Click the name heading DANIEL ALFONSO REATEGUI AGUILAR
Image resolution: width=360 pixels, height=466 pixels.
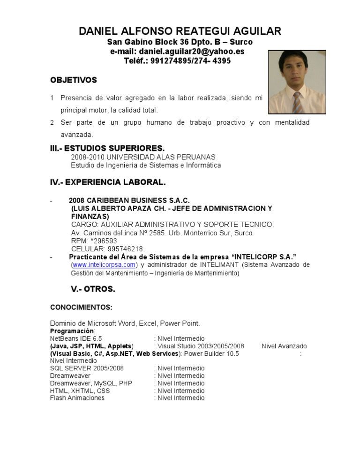180,31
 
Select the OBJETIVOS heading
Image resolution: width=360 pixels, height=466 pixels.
74,80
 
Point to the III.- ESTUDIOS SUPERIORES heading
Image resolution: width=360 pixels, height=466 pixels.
107,148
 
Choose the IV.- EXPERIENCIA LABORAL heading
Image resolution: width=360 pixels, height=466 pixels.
108,182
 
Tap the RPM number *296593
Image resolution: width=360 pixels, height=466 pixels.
101,241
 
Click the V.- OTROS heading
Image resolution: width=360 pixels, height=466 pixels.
93,289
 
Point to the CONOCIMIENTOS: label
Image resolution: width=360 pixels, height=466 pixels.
81,308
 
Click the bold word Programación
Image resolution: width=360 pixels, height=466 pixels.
72,331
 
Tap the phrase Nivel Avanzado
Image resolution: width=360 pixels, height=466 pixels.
284,346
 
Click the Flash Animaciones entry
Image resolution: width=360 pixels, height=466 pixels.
77,398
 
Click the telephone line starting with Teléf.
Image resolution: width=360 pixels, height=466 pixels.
177,61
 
